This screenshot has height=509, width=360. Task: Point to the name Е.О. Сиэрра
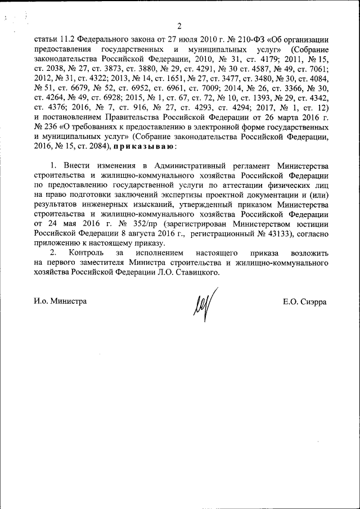(x=305, y=301)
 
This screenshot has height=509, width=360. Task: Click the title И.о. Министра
(x=60, y=301)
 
